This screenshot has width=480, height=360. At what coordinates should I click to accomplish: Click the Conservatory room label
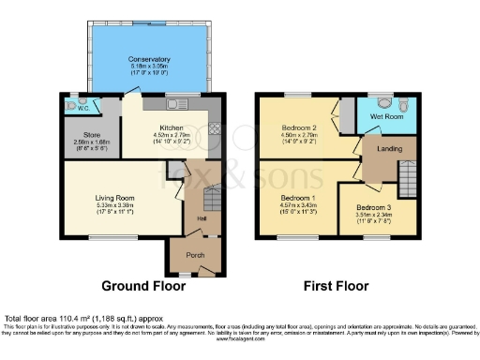(149, 59)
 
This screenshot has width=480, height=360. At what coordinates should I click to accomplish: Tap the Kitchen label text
(171, 127)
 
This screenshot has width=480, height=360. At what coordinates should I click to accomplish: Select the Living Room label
(115, 198)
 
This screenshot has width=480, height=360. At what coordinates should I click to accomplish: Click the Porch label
(194, 254)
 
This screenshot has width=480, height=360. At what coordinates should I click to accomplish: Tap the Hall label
(201, 218)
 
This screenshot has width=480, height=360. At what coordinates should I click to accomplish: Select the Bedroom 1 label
(297, 198)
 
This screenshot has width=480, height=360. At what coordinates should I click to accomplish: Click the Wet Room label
(384, 117)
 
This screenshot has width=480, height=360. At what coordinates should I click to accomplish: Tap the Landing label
(390, 148)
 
